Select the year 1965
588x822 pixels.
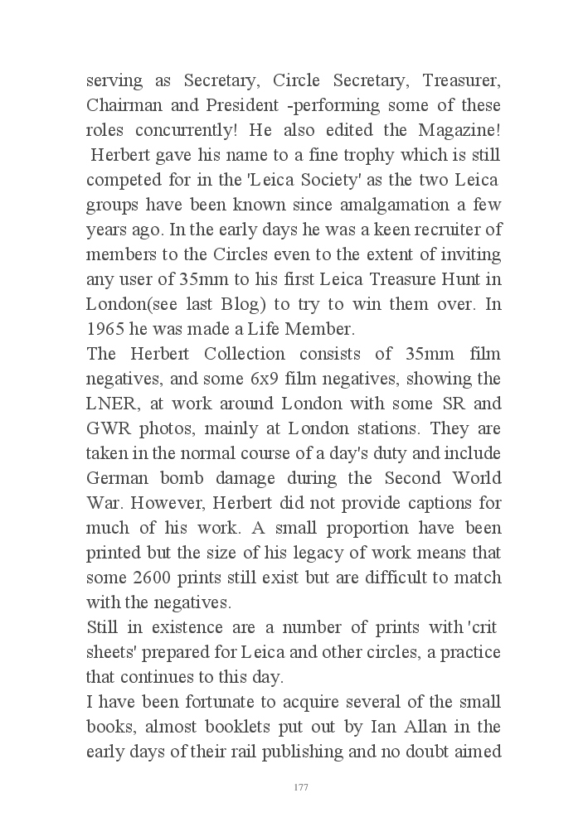point(106,329)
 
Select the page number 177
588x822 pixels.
point(301,787)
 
